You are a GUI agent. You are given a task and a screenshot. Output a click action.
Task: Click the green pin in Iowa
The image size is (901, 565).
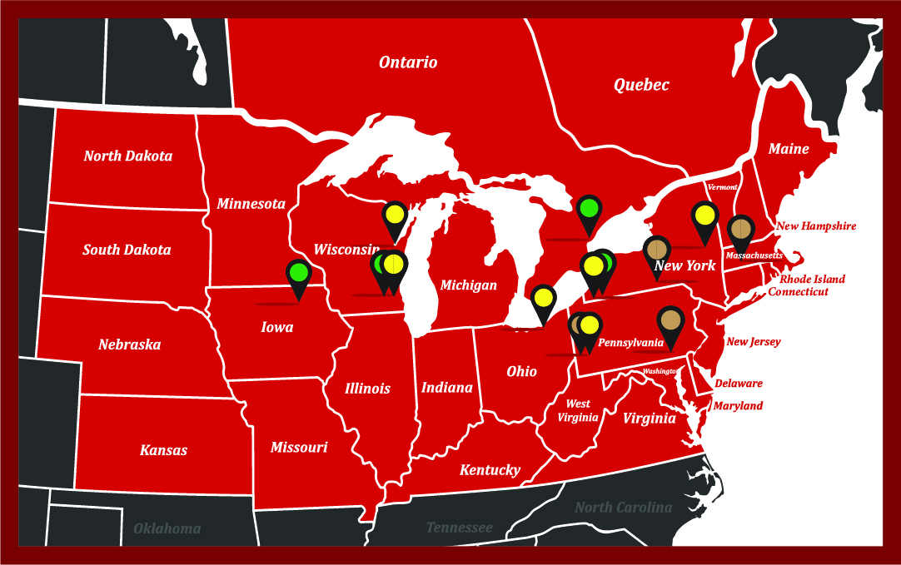tap(298, 273)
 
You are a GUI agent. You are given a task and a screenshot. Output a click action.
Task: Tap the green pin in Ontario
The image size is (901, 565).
tap(589, 208)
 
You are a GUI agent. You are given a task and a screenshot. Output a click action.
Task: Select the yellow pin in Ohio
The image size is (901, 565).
tap(543, 297)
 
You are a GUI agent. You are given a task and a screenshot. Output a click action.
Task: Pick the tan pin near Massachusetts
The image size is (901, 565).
tap(740, 227)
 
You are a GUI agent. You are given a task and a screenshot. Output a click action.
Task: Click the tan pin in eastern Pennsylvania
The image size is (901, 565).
tap(670, 320)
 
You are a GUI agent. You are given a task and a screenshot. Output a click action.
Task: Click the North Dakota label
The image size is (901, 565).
tap(127, 156)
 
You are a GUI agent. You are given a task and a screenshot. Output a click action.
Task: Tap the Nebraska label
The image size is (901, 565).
tap(129, 344)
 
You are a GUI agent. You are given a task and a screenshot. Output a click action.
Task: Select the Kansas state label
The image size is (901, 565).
tap(163, 450)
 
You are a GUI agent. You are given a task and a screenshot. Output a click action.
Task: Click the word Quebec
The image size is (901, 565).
tap(641, 84)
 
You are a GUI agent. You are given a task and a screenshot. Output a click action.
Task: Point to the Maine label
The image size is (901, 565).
tap(788, 149)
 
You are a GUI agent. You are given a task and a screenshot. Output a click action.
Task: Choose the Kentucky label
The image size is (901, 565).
tap(490, 470)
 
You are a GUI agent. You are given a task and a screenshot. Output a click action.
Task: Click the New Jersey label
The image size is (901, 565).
tap(753, 341)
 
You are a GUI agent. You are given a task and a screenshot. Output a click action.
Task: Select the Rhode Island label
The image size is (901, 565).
tap(812, 279)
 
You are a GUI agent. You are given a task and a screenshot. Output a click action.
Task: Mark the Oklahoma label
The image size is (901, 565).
tap(167, 528)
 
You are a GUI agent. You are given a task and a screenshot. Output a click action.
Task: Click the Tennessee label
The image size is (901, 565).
tap(459, 528)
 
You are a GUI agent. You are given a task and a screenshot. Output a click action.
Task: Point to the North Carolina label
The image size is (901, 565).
tap(623, 507)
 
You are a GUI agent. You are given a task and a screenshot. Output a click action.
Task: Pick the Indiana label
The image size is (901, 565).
tap(446, 387)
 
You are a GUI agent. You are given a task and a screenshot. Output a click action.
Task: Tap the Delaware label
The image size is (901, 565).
tap(738, 384)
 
